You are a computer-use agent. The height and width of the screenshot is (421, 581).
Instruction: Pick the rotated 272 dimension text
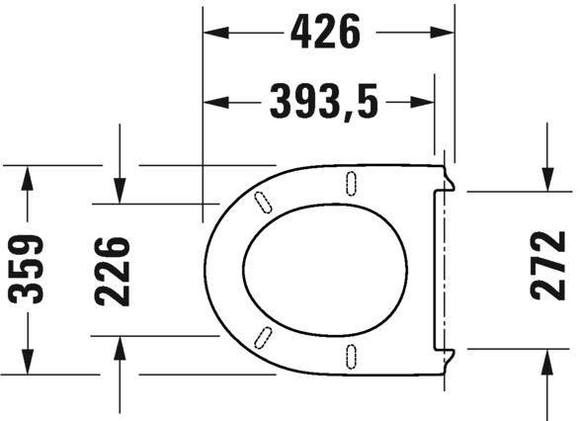(x=546, y=266)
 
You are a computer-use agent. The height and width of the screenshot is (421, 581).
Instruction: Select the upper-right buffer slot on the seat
(x=350, y=181)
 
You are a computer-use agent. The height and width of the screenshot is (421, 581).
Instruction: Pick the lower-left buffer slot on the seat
(x=262, y=335)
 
